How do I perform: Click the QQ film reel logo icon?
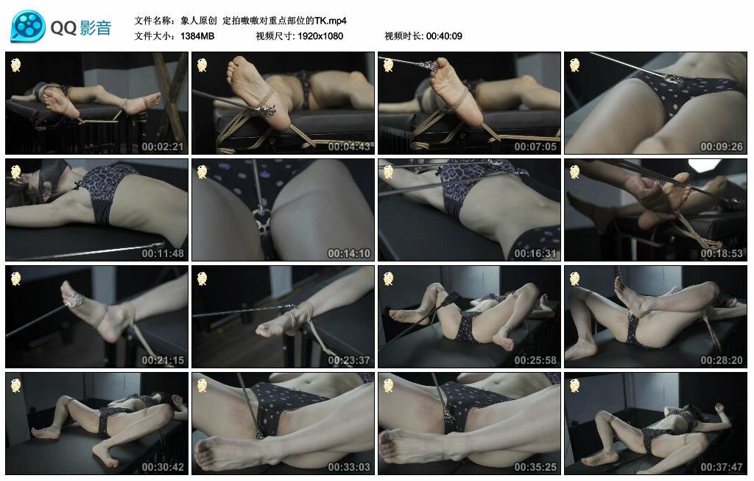(28, 26)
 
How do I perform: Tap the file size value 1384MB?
(197, 36)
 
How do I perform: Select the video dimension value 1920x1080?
(320, 36)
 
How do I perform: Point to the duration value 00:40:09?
(444, 36)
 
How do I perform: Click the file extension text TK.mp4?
(331, 21)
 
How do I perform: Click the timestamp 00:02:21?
(163, 147)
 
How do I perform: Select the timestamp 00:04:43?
(349, 147)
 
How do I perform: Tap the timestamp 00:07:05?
(535, 147)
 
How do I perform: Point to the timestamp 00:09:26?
(722, 147)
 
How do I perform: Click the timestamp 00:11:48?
(163, 253)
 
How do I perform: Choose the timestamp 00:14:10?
(349, 253)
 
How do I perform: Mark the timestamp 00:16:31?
(535, 253)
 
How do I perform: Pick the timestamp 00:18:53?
(722, 253)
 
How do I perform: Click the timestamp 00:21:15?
(163, 360)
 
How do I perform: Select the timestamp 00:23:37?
(349, 360)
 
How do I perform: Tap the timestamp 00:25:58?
(535, 360)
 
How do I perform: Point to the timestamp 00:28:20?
(722, 360)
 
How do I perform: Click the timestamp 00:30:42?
(163, 467)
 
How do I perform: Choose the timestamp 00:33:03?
(349, 467)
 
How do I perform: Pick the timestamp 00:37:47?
(722, 467)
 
